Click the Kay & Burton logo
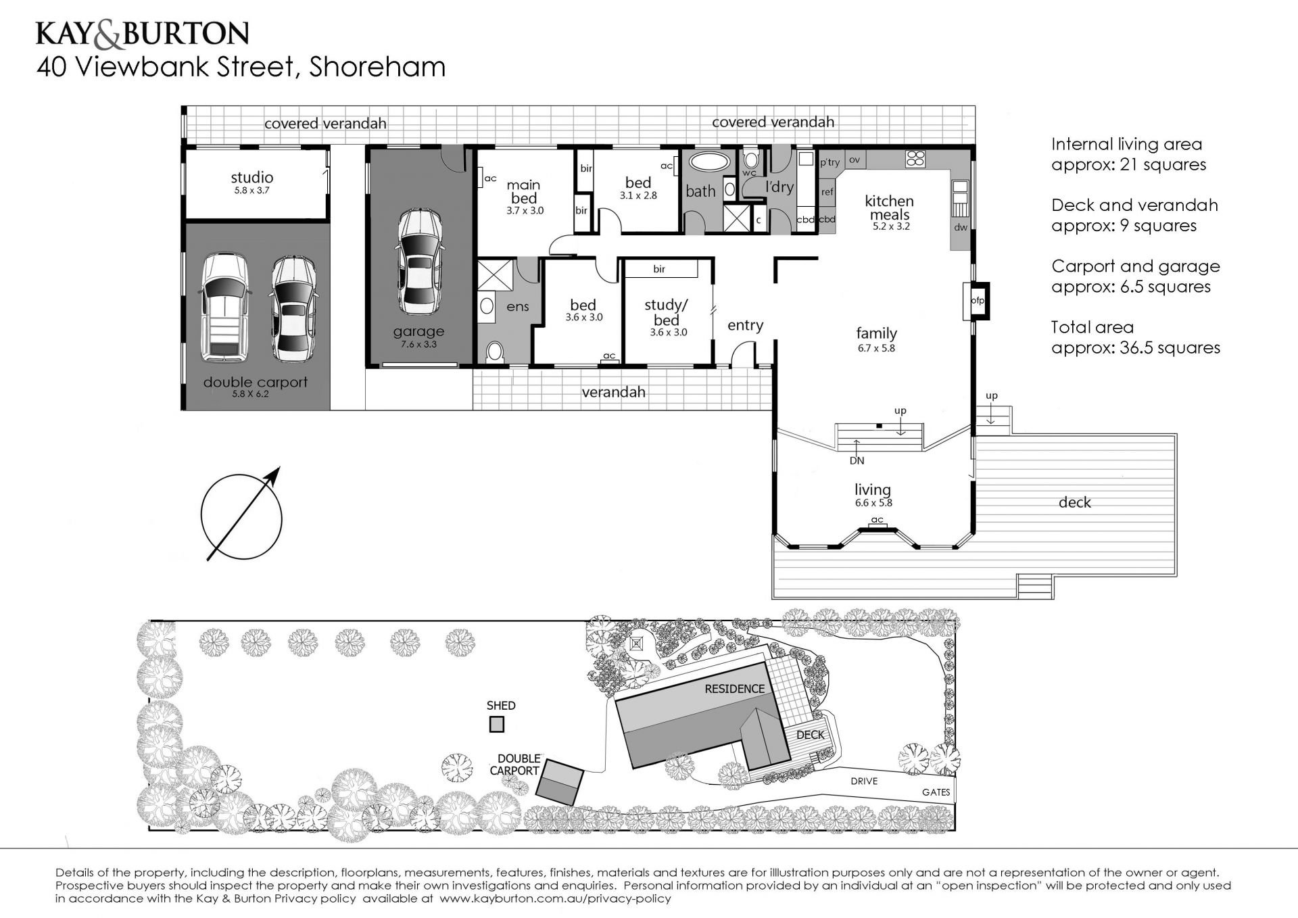(x=143, y=34)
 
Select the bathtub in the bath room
(x=709, y=164)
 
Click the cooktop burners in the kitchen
(x=915, y=160)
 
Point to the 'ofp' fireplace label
(x=978, y=301)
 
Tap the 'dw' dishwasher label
(x=961, y=228)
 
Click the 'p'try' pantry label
(x=830, y=162)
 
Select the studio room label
(x=252, y=177)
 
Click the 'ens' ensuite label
(x=518, y=307)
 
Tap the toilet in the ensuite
(x=496, y=352)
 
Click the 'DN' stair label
(x=857, y=461)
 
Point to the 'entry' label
(x=745, y=325)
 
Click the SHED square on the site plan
(x=497, y=725)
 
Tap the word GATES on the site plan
(x=936, y=792)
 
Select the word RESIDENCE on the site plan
(x=735, y=689)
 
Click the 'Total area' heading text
(x=1092, y=328)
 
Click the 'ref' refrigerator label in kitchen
(x=827, y=192)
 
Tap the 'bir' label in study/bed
(x=659, y=269)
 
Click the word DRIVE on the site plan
(x=864, y=781)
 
